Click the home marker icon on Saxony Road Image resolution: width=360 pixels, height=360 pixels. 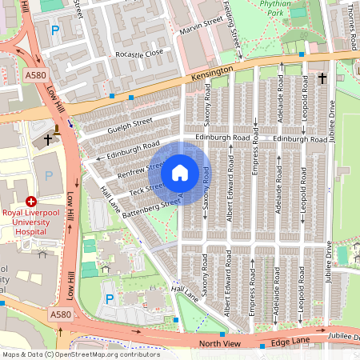click(x=180, y=172)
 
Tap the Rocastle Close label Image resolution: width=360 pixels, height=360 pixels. click(x=140, y=54)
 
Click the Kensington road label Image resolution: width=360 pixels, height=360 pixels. click(x=212, y=74)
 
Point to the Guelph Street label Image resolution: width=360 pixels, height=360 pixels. click(x=131, y=123)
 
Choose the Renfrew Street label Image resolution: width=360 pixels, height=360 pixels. click(x=141, y=169)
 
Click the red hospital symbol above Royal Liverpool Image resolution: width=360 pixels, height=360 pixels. click(x=32, y=202)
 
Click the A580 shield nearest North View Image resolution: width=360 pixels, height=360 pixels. click(x=59, y=314)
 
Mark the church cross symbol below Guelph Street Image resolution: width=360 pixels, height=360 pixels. click(x=47, y=138)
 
